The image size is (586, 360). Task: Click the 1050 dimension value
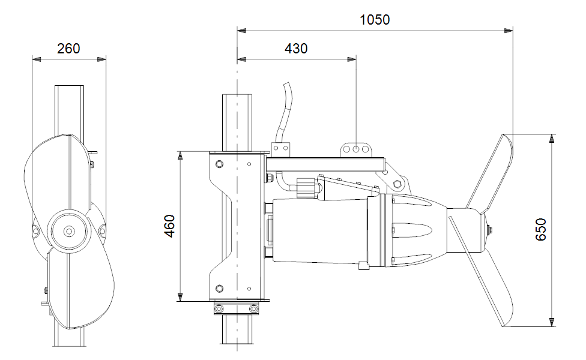click(x=375, y=19)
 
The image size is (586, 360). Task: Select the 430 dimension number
click(x=295, y=49)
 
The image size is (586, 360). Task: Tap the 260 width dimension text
click(x=68, y=49)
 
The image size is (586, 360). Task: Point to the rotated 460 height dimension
click(x=170, y=226)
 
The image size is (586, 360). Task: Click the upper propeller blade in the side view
click(x=491, y=170)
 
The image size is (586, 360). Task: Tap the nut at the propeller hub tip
click(x=492, y=229)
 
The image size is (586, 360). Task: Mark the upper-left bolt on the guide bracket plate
click(x=219, y=164)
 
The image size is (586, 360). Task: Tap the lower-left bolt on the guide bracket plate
click(x=219, y=288)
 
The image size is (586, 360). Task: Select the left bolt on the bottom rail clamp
click(x=219, y=308)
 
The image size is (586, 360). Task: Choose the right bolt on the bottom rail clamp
click(x=255, y=308)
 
